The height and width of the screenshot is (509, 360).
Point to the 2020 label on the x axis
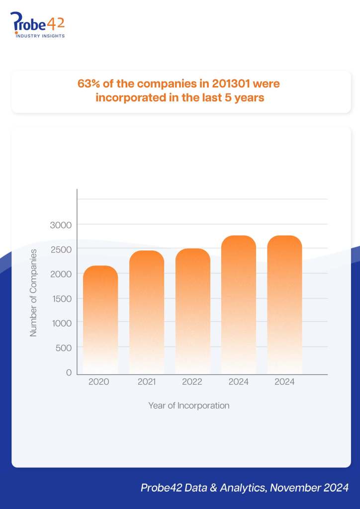point(98,382)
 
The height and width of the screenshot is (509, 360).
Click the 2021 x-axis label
point(146,382)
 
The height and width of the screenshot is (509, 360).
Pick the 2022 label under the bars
point(192,382)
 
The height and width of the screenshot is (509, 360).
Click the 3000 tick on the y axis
point(61,225)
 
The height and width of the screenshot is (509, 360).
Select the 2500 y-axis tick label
point(61,249)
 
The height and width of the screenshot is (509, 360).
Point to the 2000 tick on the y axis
point(61,274)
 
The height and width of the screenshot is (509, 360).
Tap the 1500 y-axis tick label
point(61,299)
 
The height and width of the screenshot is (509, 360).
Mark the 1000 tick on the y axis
point(61,323)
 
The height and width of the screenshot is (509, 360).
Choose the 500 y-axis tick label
point(64,348)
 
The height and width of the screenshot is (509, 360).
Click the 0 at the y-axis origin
point(69,372)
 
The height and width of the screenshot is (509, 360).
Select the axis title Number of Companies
point(34,293)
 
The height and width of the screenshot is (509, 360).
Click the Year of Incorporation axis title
point(189,406)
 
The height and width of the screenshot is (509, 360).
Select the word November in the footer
point(294,488)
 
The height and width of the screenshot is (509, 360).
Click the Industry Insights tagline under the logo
point(40,36)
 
